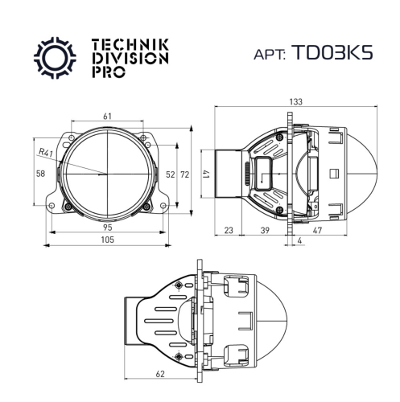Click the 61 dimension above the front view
108,117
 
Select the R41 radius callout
47,150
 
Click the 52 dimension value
169,174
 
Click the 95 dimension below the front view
107,228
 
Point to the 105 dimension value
107,240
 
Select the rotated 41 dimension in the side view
206,173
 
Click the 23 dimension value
228,230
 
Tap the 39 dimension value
265,230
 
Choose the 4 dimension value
299,240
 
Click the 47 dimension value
339,230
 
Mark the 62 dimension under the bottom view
160,374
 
